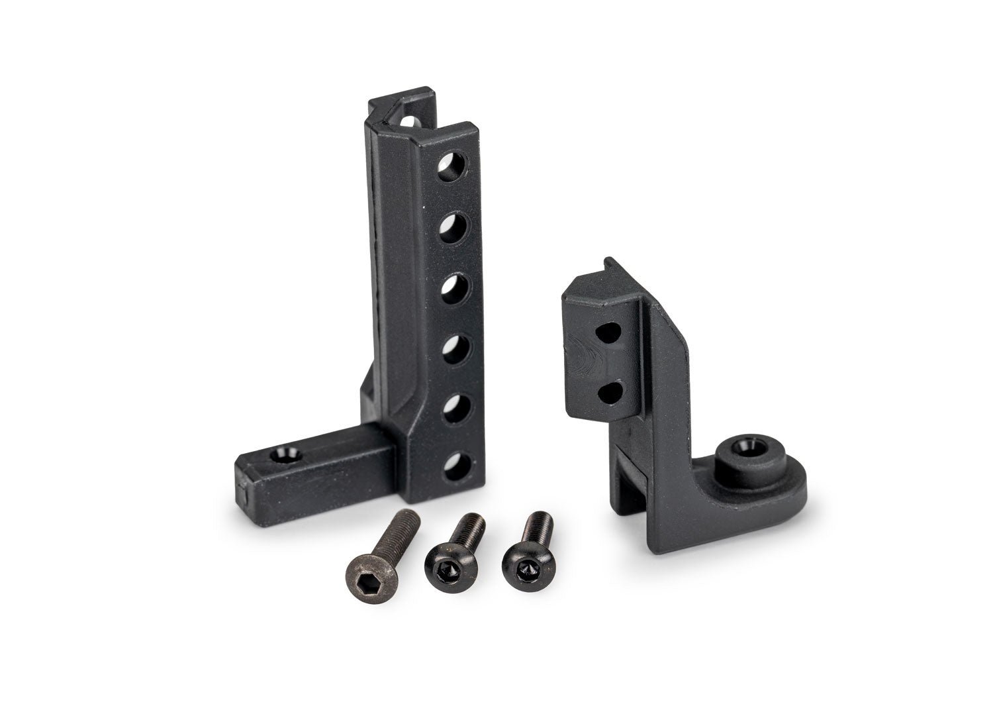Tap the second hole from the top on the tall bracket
click(x=451, y=225)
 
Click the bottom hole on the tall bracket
click(x=452, y=464)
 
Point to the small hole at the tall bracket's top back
click(x=409, y=122)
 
